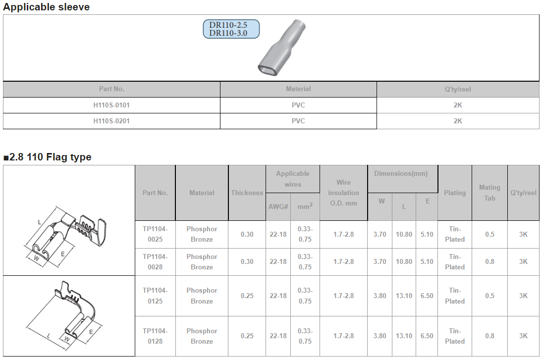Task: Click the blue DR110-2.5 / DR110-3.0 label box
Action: (231, 29)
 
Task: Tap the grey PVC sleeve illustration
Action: (281, 48)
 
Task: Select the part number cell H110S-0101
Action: (111, 105)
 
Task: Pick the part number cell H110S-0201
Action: (111, 121)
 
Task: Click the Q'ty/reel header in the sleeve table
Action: (458, 89)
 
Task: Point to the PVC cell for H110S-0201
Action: (298, 121)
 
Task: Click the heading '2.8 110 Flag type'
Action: (48, 157)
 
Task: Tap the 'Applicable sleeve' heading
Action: (46, 7)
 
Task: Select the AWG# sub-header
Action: (278, 206)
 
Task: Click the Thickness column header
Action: (247, 193)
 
